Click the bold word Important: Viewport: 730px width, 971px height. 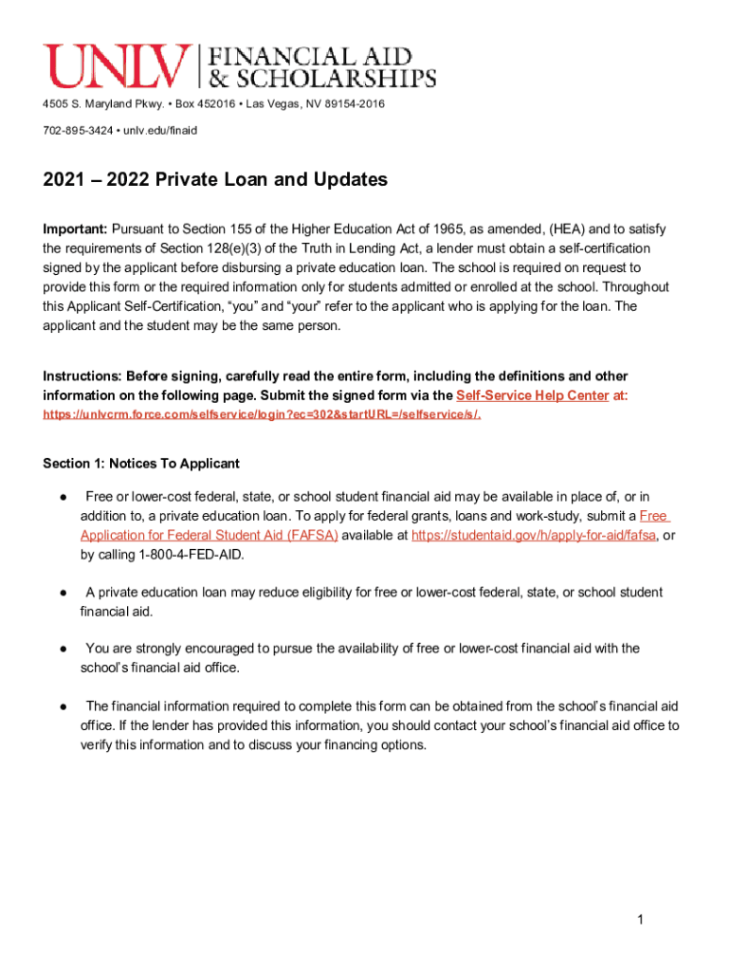(x=75, y=229)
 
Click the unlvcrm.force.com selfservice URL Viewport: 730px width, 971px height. (x=262, y=415)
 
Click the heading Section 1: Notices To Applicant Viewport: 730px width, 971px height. (x=141, y=464)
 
